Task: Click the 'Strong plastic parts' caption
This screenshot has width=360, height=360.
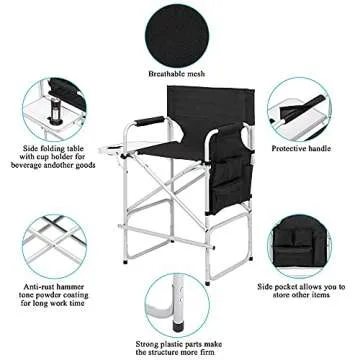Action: (x=180, y=347)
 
